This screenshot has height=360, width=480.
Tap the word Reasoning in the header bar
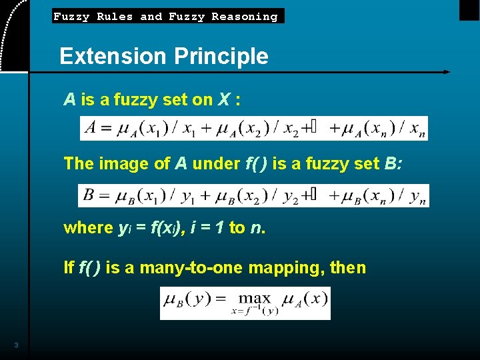pyautogui.click(x=244, y=17)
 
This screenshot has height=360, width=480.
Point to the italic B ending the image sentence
pyautogui.click(x=391, y=163)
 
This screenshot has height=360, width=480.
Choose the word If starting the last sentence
pyautogui.click(x=69, y=267)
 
